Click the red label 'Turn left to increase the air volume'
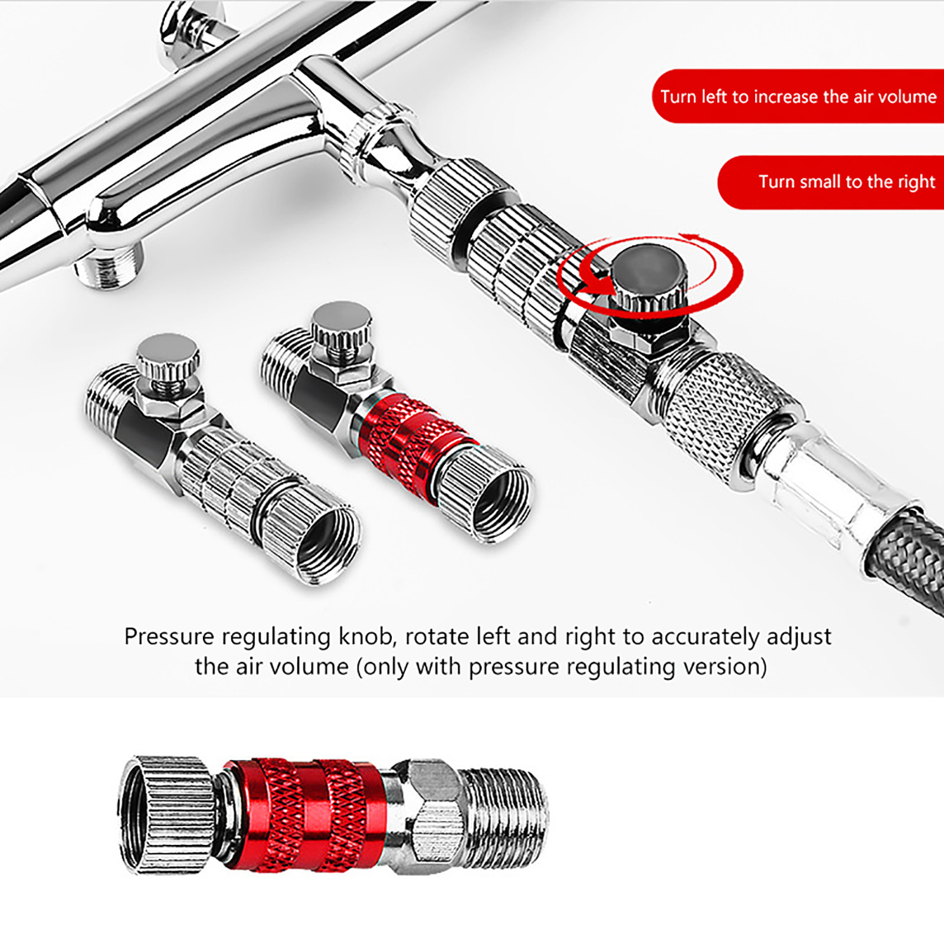click(x=798, y=96)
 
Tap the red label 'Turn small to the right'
click(x=831, y=182)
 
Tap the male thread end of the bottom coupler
click(x=505, y=815)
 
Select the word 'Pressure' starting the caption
click(x=169, y=637)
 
